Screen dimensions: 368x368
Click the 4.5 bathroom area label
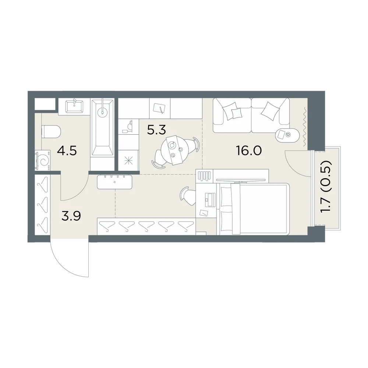tap(67, 151)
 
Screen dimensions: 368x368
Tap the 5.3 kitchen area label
tap(156, 130)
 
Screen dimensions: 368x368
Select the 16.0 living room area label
tap(249, 151)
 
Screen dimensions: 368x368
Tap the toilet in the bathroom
tap(51, 131)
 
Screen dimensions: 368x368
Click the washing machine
tap(42, 160)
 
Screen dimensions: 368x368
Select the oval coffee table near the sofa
tap(287, 135)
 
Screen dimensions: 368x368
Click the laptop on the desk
tap(210, 200)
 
